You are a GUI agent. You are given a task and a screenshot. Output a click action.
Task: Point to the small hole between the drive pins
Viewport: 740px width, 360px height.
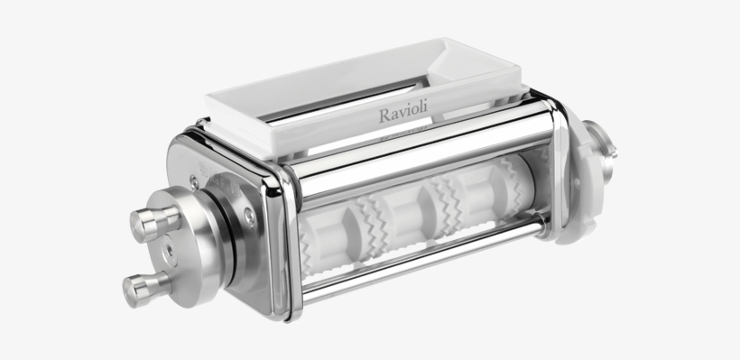tap(167, 249)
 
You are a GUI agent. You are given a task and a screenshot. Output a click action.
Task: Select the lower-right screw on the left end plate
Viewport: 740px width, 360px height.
tap(249, 215)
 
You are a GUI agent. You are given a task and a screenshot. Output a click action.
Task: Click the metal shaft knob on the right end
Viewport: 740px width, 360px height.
tap(603, 144)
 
